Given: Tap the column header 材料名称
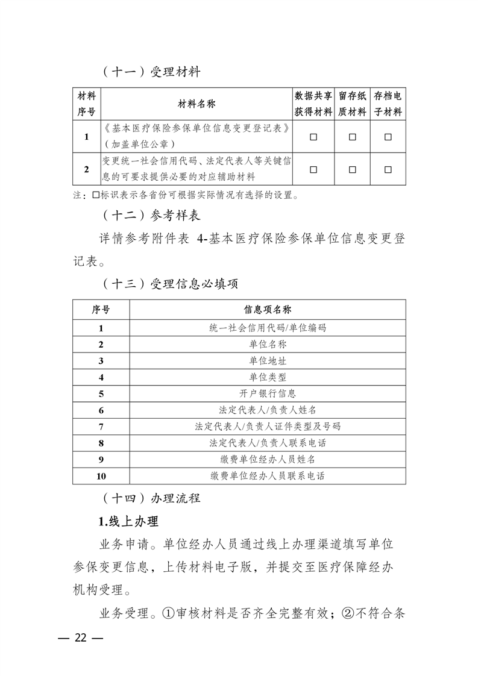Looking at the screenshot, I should click(197, 104).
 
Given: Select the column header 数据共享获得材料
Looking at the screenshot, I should click(313, 104).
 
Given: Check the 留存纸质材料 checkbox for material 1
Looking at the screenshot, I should click(353, 137).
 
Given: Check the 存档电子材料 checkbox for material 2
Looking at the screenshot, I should click(388, 169).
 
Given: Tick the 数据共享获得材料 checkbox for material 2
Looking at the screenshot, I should click(313, 169).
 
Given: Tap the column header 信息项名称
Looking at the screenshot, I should click(268, 310).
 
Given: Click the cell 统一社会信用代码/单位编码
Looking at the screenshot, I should click(268, 328).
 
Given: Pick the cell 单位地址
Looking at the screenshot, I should click(268, 361).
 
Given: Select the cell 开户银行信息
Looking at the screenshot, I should click(268, 393).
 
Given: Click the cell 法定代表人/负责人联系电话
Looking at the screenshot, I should click(268, 443).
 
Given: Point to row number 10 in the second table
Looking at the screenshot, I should click(101, 475).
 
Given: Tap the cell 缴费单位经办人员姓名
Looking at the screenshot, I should click(268, 459).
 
